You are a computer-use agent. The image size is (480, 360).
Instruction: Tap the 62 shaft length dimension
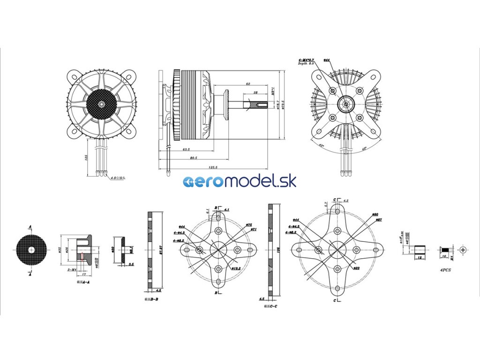(x=247, y=84)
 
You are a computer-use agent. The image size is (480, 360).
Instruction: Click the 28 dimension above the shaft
(x=255, y=93)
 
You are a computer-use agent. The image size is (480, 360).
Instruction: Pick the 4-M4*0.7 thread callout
(x=306, y=60)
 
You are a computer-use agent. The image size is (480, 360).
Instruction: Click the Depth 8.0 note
(x=307, y=64)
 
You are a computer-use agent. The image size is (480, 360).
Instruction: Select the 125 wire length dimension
(x=86, y=158)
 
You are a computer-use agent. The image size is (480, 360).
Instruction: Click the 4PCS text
(x=446, y=270)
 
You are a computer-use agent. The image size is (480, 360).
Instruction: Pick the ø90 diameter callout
(x=375, y=215)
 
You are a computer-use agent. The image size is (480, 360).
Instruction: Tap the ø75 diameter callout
(x=249, y=225)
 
